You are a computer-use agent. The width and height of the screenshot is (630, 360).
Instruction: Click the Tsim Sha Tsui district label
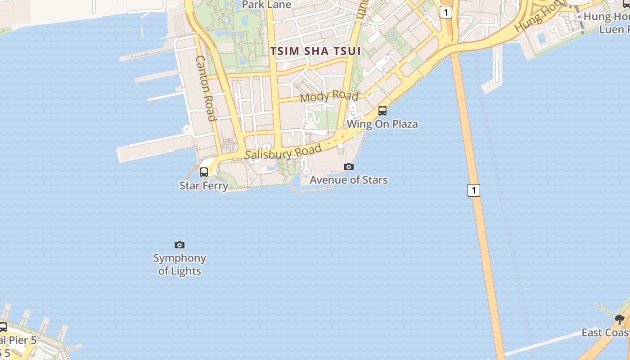(315, 51)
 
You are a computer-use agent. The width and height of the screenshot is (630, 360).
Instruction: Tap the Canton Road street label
(206, 88)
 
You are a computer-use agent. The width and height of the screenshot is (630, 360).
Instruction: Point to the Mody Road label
(329, 96)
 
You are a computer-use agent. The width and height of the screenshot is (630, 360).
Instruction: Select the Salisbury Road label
(283, 151)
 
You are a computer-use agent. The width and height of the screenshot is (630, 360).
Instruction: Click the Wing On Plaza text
(382, 124)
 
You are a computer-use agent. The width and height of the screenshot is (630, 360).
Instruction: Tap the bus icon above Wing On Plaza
(382, 110)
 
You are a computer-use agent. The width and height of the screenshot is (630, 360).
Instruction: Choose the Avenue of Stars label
(349, 180)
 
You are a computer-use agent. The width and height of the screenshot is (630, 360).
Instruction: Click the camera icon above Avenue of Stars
(349, 167)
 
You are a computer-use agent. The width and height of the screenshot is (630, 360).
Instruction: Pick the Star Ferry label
(204, 185)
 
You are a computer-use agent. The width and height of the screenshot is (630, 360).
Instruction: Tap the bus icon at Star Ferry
(204, 172)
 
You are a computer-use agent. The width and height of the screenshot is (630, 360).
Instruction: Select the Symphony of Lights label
(180, 264)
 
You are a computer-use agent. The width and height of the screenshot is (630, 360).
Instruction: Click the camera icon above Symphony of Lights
(180, 245)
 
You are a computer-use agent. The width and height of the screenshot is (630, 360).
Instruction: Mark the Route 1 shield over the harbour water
(473, 190)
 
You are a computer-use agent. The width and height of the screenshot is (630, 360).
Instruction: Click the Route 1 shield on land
(445, 12)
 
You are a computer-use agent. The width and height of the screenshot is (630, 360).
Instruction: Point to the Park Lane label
(267, 5)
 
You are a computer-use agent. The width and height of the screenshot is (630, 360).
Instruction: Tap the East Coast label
(605, 333)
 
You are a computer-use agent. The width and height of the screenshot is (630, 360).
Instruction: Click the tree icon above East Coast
(620, 319)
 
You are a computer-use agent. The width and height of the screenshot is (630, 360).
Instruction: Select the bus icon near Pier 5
(3, 327)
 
